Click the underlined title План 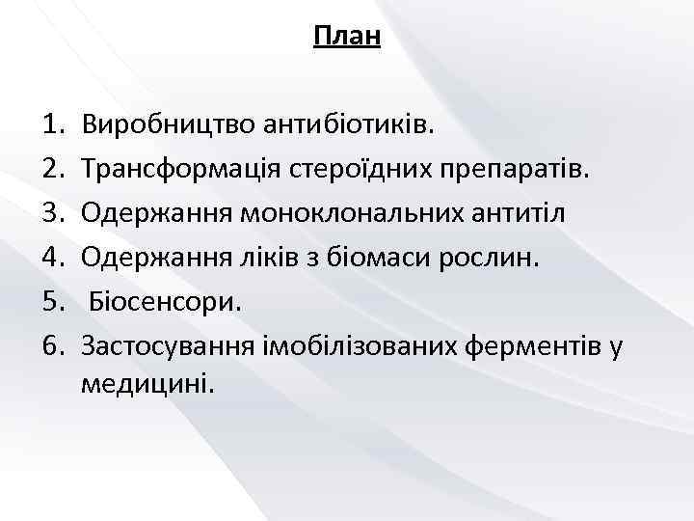click(347, 38)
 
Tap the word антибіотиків click(341, 125)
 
